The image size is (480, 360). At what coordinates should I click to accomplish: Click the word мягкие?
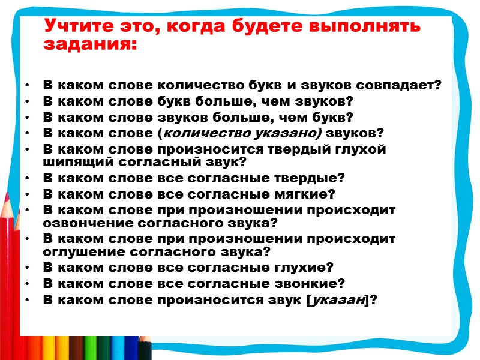pos(305,194)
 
